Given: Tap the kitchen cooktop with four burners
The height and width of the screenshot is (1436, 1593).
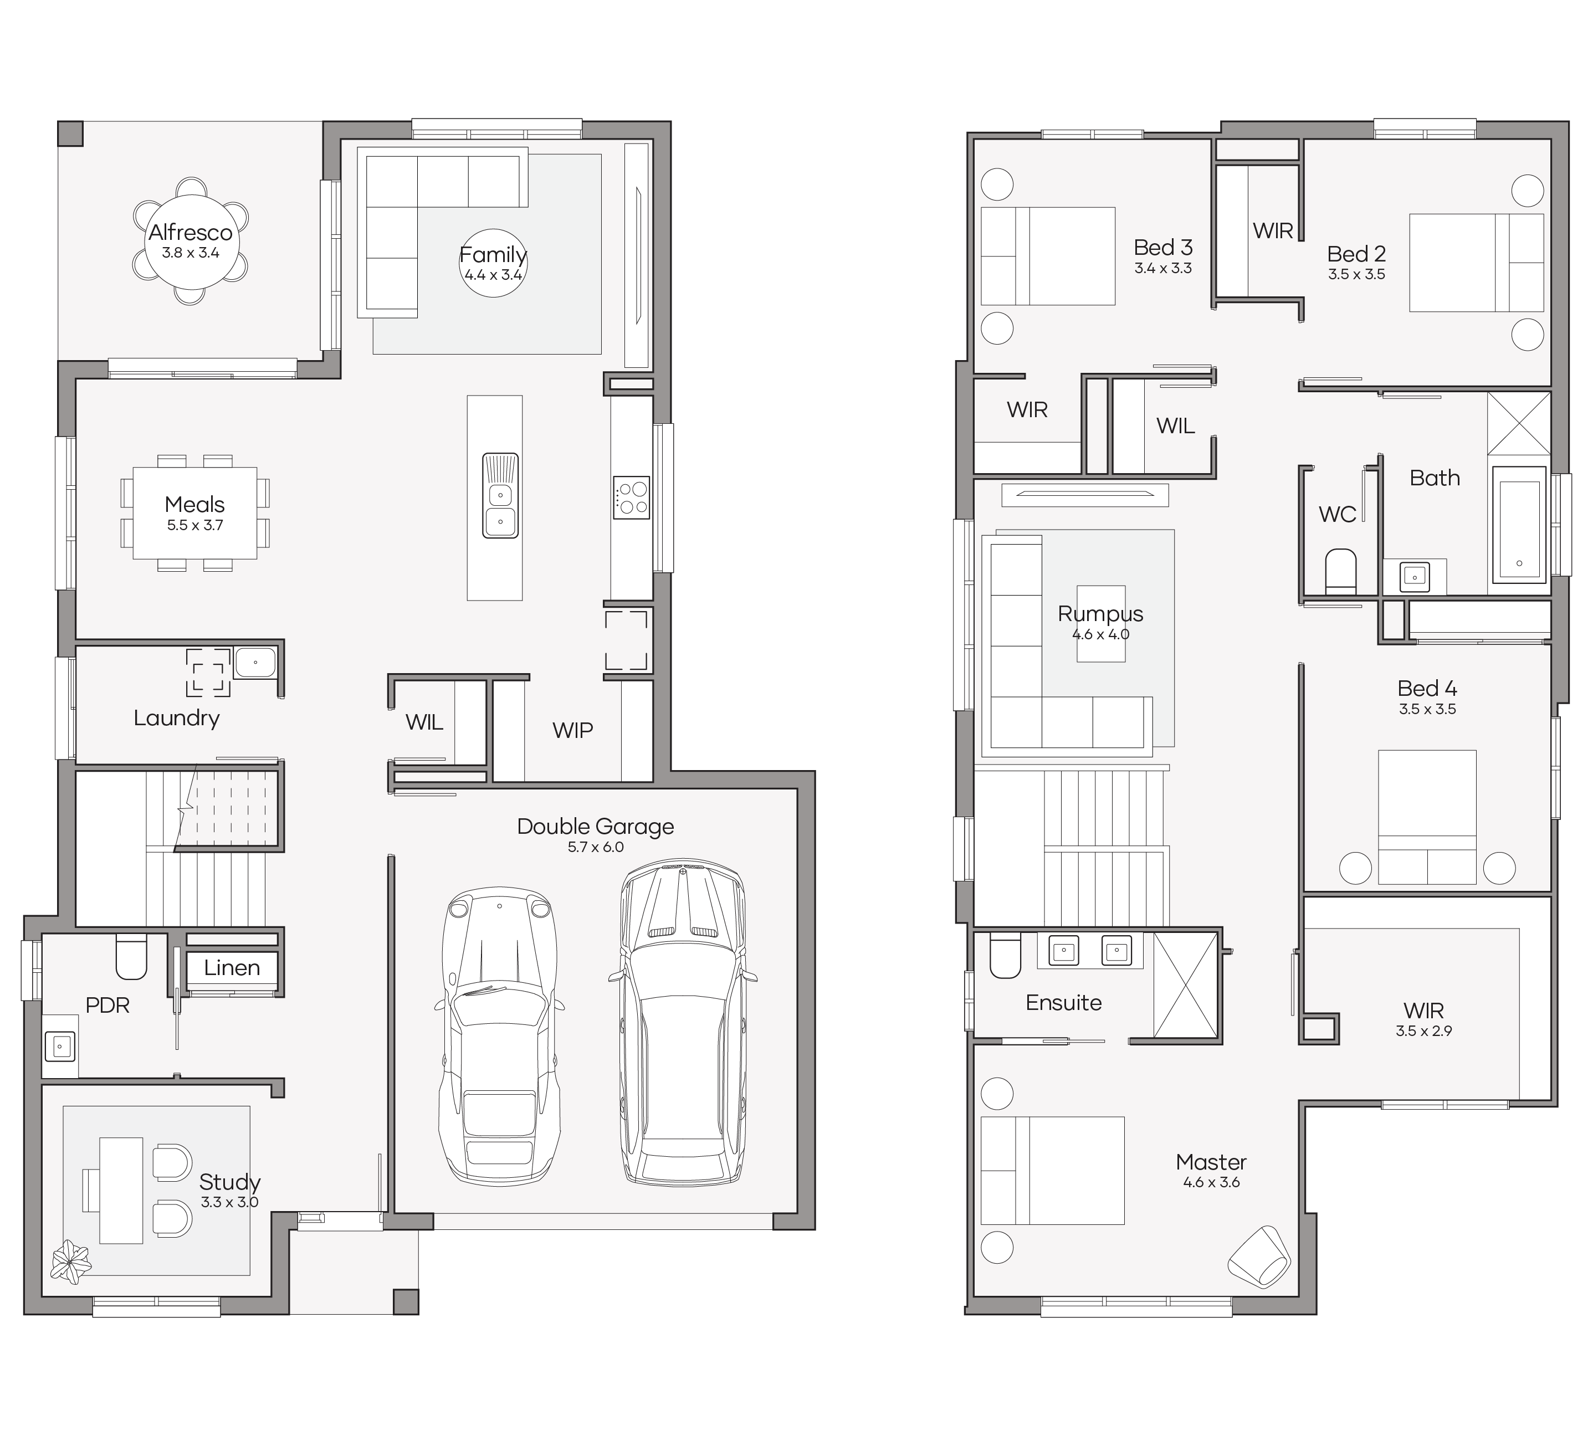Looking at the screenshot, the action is (x=631, y=497).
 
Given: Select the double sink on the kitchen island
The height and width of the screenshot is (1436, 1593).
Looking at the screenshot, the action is (x=500, y=495).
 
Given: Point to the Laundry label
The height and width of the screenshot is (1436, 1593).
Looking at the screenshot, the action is (x=176, y=718).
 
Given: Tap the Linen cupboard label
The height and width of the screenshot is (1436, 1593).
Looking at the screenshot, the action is (x=232, y=967).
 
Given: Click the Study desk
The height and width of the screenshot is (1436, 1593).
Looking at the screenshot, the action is (x=121, y=1191).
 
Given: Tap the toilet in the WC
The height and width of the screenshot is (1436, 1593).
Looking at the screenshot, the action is (x=1340, y=571).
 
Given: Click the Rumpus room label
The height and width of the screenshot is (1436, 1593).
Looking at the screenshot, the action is (x=1100, y=613).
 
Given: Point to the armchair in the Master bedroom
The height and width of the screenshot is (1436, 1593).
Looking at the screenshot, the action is (x=1259, y=1258).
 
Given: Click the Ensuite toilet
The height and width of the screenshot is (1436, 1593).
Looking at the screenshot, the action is (x=1005, y=956).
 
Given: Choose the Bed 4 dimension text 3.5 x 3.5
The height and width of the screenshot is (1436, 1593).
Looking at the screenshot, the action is (x=1427, y=709).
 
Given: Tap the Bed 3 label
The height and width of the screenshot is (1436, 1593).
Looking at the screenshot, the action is (x=1163, y=248).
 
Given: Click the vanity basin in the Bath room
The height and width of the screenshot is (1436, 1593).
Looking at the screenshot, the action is (x=1414, y=576).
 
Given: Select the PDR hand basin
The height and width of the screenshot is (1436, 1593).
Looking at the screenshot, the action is (x=60, y=1047).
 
